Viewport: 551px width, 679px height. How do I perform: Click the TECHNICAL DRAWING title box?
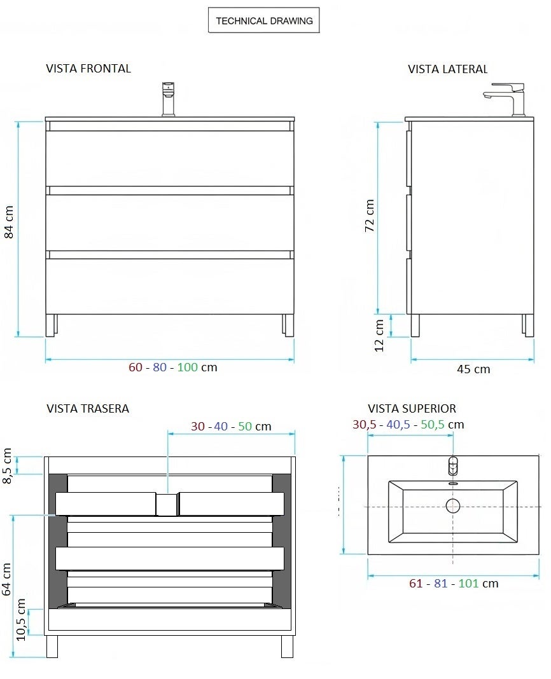pyautogui.click(x=264, y=21)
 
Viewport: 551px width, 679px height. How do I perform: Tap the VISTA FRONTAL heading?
pyautogui.click(x=88, y=69)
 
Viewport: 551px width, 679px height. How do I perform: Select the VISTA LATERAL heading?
pyautogui.click(x=447, y=69)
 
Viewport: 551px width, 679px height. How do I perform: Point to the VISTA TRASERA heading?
pyautogui.click(x=88, y=408)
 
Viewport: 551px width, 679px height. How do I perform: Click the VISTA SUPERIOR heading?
pyautogui.click(x=412, y=409)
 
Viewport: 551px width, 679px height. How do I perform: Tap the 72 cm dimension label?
pyautogui.click(x=370, y=216)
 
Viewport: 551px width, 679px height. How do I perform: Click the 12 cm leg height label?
pyautogui.click(x=379, y=335)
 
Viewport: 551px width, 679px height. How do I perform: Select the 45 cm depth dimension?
pyautogui.click(x=473, y=369)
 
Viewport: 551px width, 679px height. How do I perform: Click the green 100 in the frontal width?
pyautogui.click(x=187, y=367)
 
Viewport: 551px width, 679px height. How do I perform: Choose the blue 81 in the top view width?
pyautogui.click(x=440, y=583)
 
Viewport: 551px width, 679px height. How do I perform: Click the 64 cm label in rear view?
pyautogui.click(x=7, y=579)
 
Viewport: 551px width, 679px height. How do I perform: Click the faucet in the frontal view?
pyautogui.click(x=169, y=99)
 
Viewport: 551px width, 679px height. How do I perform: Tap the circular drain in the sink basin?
pyautogui.click(x=452, y=506)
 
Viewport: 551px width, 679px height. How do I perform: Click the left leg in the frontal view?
pyautogui.click(x=52, y=325)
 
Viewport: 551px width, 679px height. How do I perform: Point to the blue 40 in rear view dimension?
pyautogui.click(x=221, y=426)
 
